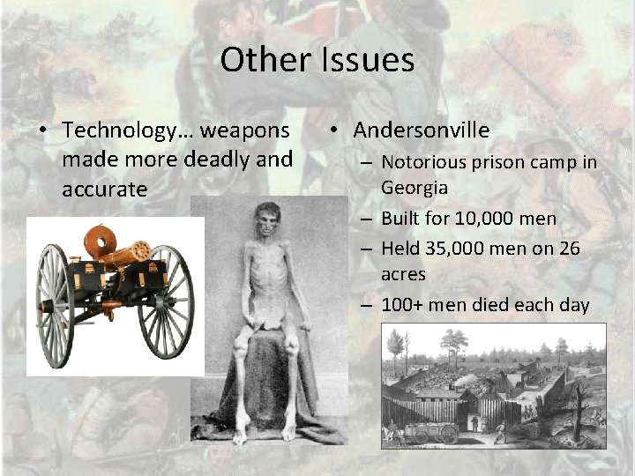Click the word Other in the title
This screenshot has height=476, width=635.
click(264, 60)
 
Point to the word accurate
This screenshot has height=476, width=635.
click(104, 190)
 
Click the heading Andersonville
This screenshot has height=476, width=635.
click(422, 130)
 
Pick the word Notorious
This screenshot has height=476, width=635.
click(424, 162)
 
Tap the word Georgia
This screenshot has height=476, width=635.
click(415, 187)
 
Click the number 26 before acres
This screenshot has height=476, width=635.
click(570, 249)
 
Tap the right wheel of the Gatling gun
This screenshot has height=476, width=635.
click(168, 301)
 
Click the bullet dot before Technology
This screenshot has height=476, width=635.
click(42, 131)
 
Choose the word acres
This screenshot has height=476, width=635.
click(403, 274)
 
